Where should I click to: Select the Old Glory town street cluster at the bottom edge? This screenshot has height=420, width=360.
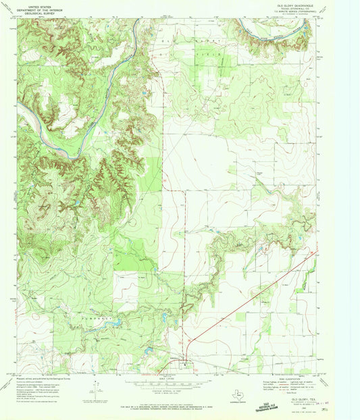184,365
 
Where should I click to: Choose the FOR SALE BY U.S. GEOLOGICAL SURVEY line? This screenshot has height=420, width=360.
179,391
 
